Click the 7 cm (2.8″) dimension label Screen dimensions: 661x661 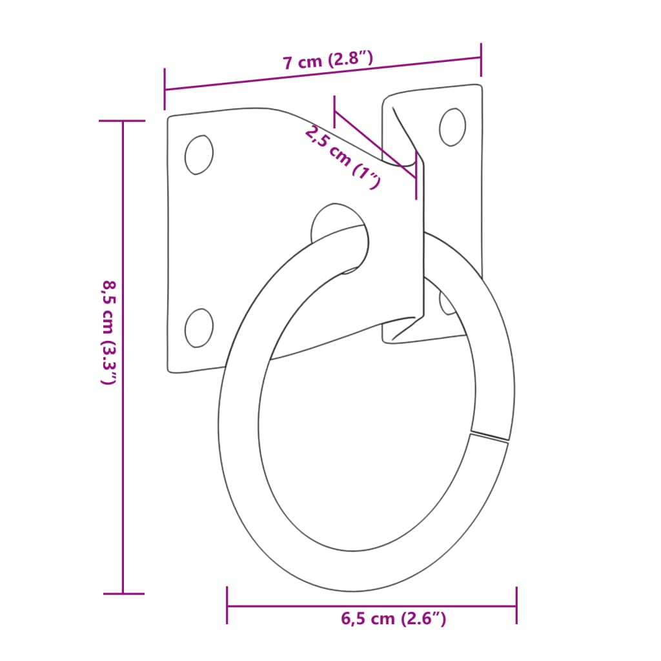[328, 61]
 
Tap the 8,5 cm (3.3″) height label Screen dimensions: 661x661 [108, 332]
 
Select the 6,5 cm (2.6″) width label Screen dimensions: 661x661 [393, 618]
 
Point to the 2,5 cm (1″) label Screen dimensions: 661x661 [342, 157]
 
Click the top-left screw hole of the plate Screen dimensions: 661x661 [198, 155]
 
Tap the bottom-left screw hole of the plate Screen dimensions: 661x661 [198, 327]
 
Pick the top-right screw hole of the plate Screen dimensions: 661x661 [453, 127]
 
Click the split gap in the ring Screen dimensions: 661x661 [490, 436]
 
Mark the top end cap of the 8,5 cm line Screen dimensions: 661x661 [123, 121]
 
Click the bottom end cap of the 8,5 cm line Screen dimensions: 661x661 [123, 593]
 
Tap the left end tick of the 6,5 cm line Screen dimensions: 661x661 [227, 605]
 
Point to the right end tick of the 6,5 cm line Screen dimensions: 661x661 [516, 605]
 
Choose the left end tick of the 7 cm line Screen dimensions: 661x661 [165, 89]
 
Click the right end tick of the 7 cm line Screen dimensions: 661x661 [481, 58]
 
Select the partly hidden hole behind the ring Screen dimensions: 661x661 [446, 302]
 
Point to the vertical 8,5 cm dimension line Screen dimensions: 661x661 [123, 355]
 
